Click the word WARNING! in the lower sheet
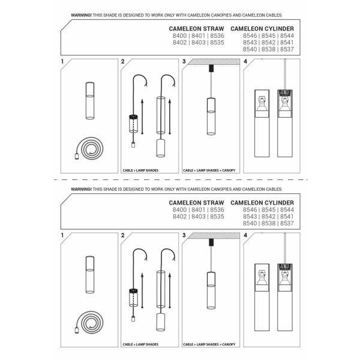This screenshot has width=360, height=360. tap(82, 189)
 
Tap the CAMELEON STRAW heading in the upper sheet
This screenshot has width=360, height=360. tap(197, 28)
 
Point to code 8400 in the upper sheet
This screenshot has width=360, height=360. tap(179, 36)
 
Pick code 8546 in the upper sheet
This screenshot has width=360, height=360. tap(250, 36)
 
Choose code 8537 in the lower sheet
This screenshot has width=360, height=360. tap(287, 223)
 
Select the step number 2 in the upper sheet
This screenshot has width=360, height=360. tap(124, 62)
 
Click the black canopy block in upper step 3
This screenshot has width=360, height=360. tap(211, 70)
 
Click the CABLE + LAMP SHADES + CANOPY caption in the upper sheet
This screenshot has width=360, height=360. tap(208, 170)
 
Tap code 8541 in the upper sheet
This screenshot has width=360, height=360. tap(287, 43)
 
